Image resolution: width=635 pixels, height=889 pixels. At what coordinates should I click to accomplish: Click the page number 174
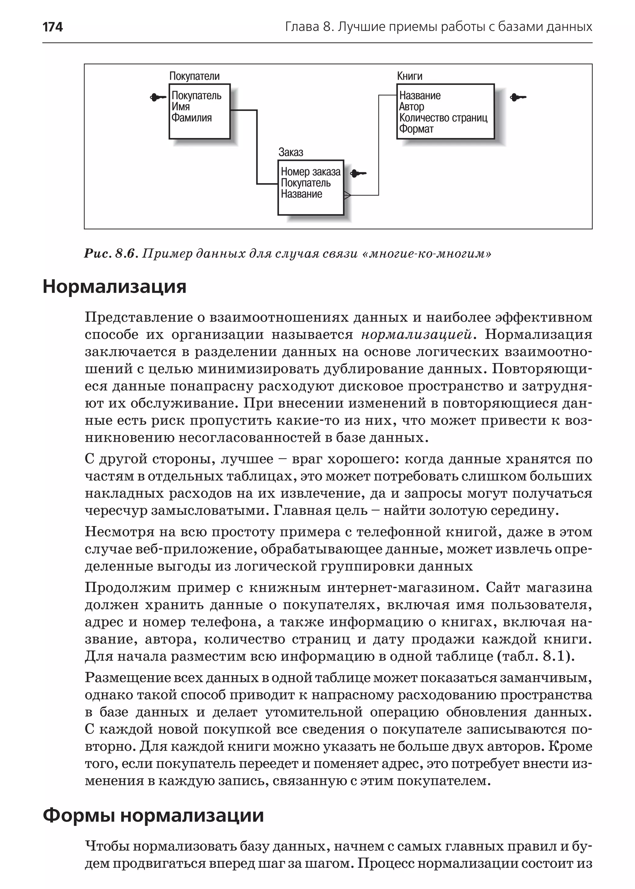coord(52,27)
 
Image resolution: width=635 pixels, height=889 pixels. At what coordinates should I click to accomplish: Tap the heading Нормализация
coord(114,286)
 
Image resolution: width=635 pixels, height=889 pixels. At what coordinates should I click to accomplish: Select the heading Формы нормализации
coord(153,816)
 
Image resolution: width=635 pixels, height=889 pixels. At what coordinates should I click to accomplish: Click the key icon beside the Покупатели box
coord(158,97)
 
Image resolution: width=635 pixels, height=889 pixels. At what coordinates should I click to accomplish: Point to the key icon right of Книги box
coord(518,97)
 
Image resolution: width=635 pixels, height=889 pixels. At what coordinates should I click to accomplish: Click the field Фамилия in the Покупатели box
coord(192,118)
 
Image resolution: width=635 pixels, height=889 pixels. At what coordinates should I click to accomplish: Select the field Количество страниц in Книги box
coord(443,118)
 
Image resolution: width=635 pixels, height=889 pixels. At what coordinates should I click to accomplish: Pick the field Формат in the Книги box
coord(416,129)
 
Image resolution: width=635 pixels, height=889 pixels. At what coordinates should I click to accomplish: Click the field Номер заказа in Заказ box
coord(310,172)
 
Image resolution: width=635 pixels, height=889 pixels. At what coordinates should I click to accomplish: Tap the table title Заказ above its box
coord(291,152)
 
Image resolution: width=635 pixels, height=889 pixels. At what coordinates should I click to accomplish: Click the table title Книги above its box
coord(409,76)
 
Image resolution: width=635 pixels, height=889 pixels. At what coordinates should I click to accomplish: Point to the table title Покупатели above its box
coord(194,76)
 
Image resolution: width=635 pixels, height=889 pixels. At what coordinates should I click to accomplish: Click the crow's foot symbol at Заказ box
coord(347,195)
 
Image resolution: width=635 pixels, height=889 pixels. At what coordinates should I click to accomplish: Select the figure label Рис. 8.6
coord(111,254)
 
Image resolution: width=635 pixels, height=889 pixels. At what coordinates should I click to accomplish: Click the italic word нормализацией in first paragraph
coord(417,335)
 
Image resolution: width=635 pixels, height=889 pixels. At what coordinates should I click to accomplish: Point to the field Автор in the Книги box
coord(411,107)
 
